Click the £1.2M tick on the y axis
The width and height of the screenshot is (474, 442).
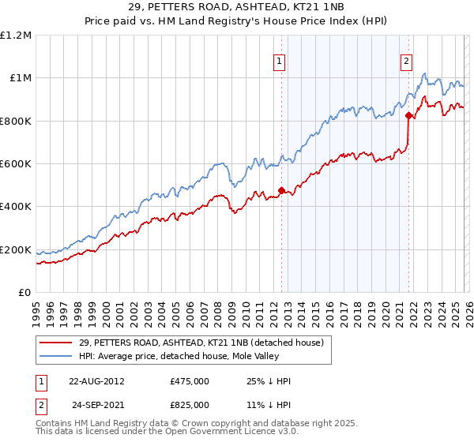16,35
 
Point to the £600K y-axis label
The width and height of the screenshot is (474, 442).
16,164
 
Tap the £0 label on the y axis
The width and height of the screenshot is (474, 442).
24,293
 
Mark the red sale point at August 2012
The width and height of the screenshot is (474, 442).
281,190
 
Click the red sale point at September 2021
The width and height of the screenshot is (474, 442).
408,115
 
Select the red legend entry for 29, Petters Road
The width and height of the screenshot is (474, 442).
201,343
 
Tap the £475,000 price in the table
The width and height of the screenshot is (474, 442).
190,380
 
